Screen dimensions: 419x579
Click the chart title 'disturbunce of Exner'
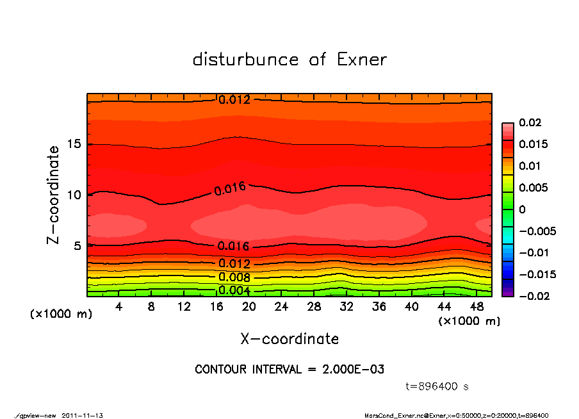289,60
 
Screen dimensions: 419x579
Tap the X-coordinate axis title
289,338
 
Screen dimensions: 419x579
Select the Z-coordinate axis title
54,195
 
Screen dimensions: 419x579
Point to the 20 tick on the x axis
249,307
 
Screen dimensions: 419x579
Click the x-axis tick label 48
477,307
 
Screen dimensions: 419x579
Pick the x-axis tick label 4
119,307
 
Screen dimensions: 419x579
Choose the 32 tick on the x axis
347,307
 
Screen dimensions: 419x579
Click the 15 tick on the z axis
74,144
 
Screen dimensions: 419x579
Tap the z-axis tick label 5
77,246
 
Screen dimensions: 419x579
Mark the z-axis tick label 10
74,195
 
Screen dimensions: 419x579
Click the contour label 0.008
234,277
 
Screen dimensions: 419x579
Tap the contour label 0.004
234,290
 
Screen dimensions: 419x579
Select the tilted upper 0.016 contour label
230,188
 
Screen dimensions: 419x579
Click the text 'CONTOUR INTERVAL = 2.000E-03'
289,370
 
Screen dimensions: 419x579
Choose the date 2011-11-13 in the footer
83,415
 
